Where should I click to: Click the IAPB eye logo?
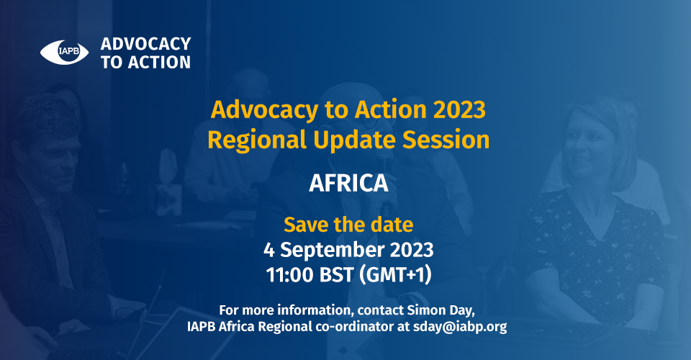(x=64, y=52)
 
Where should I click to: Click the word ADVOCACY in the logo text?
(x=146, y=44)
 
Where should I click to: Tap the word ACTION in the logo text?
(x=160, y=63)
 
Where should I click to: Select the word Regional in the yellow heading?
(x=257, y=140)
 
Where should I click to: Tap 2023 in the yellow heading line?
(x=459, y=109)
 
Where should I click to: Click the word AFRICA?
(x=348, y=183)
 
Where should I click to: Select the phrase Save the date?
(x=348, y=225)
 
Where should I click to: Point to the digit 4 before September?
(x=268, y=250)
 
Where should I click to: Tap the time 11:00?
(x=290, y=275)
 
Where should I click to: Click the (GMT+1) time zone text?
(x=395, y=275)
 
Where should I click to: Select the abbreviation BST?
(x=336, y=275)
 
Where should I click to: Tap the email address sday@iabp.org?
(x=460, y=327)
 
